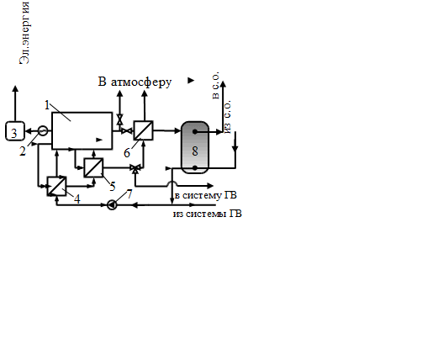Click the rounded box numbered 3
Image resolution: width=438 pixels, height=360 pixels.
tap(15, 130)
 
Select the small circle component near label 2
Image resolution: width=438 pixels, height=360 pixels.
tap(43, 130)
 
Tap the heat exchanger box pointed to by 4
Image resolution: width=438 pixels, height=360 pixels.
tap(56, 186)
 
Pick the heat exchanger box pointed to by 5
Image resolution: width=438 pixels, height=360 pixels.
tap(93, 167)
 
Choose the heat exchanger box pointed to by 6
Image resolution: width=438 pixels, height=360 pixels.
tap(143, 130)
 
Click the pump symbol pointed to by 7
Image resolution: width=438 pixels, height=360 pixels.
tap(112, 205)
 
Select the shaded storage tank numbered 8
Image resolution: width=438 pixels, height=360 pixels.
tap(195, 147)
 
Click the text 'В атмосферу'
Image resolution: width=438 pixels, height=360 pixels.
tap(135, 82)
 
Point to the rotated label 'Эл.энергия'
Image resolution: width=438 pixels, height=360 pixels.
tap(24, 33)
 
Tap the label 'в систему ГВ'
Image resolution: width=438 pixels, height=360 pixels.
tap(206, 195)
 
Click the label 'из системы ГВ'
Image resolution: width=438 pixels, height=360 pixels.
tap(208, 214)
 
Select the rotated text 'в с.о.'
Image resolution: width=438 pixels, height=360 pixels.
tap(215, 85)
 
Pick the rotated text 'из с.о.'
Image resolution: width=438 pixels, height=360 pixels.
tap(228, 117)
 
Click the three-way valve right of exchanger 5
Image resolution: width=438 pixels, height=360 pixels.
tap(136, 168)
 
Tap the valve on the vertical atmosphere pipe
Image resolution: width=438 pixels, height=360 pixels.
tap(120, 119)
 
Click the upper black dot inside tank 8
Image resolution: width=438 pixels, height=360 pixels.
tap(195, 131)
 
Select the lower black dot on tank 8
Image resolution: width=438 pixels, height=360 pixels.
tap(195, 168)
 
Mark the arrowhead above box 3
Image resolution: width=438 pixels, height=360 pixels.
tap(15, 88)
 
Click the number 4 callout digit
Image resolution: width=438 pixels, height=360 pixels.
tap(77, 199)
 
